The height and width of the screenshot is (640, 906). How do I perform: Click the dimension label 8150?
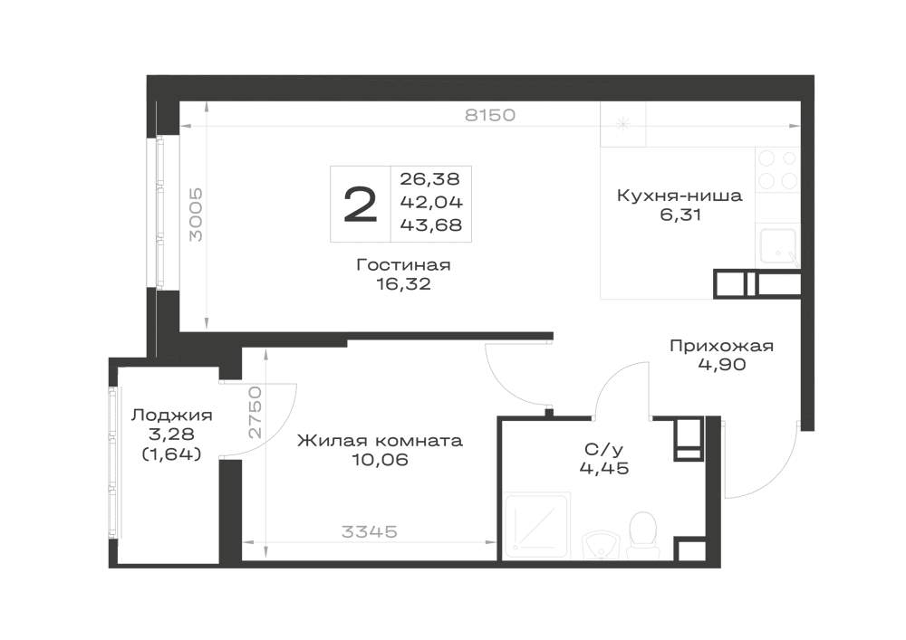[x=490, y=115]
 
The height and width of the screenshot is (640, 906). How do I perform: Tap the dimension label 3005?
[x=197, y=215]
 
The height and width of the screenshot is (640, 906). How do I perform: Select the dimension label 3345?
[x=370, y=531]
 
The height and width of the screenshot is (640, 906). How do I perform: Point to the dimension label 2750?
[x=255, y=413]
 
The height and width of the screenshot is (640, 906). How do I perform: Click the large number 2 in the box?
[x=360, y=205]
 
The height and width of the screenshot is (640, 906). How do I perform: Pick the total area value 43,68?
[x=431, y=224]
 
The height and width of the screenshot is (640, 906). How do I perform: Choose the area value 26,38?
[x=429, y=179]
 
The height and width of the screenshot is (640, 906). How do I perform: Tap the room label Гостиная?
[x=403, y=265]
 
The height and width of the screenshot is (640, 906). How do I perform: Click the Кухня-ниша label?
[x=679, y=195]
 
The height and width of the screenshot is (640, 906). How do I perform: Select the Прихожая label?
[x=721, y=346]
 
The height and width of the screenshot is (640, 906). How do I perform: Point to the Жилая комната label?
[x=380, y=441]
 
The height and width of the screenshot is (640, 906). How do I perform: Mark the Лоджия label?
[x=171, y=415]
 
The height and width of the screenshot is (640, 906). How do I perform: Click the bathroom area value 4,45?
[x=603, y=467]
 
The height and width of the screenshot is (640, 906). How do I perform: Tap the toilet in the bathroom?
[x=642, y=535]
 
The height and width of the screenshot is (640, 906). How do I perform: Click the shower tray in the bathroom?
[x=538, y=526]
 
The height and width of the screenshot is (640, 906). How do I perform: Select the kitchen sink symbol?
[x=778, y=246]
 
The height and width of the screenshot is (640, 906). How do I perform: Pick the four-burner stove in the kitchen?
[x=777, y=169]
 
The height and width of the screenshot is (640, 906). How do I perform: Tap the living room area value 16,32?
[x=403, y=284]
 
